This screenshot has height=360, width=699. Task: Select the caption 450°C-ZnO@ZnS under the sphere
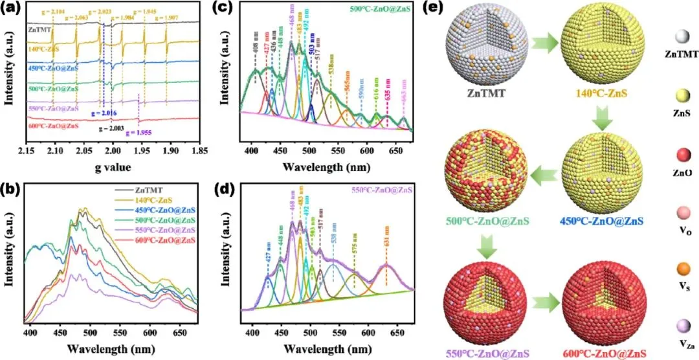coord(610,223)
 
